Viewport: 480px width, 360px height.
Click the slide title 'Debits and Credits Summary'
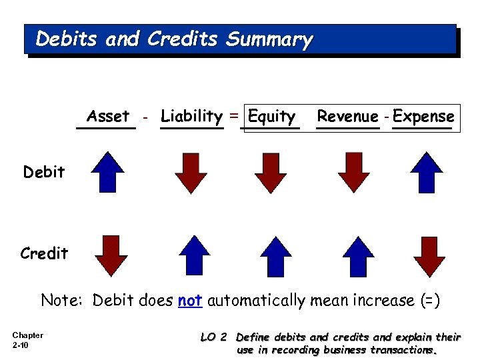(x=174, y=40)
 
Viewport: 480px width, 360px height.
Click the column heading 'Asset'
(x=108, y=117)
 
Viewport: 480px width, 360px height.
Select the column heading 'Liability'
(x=191, y=117)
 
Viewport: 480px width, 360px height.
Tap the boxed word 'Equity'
(x=271, y=117)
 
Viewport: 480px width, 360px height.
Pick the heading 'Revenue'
(x=347, y=117)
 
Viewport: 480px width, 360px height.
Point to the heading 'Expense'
(x=423, y=117)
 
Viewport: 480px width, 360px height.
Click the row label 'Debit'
(x=44, y=172)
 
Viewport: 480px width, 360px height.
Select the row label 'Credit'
(x=44, y=253)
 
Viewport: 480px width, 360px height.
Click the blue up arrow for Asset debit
(x=108, y=172)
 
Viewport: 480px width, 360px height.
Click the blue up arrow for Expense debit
(x=427, y=172)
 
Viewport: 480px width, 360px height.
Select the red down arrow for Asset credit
(x=111, y=256)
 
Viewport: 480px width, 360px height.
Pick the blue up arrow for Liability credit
(x=196, y=255)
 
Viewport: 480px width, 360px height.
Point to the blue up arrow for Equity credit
(x=275, y=255)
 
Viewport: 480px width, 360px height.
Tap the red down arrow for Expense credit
(x=429, y=256)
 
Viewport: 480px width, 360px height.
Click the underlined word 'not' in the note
(x=190, y=301)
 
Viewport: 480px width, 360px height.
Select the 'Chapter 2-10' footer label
(x=27, y=340)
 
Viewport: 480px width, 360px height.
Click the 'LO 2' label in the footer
(x=214, y=337)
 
